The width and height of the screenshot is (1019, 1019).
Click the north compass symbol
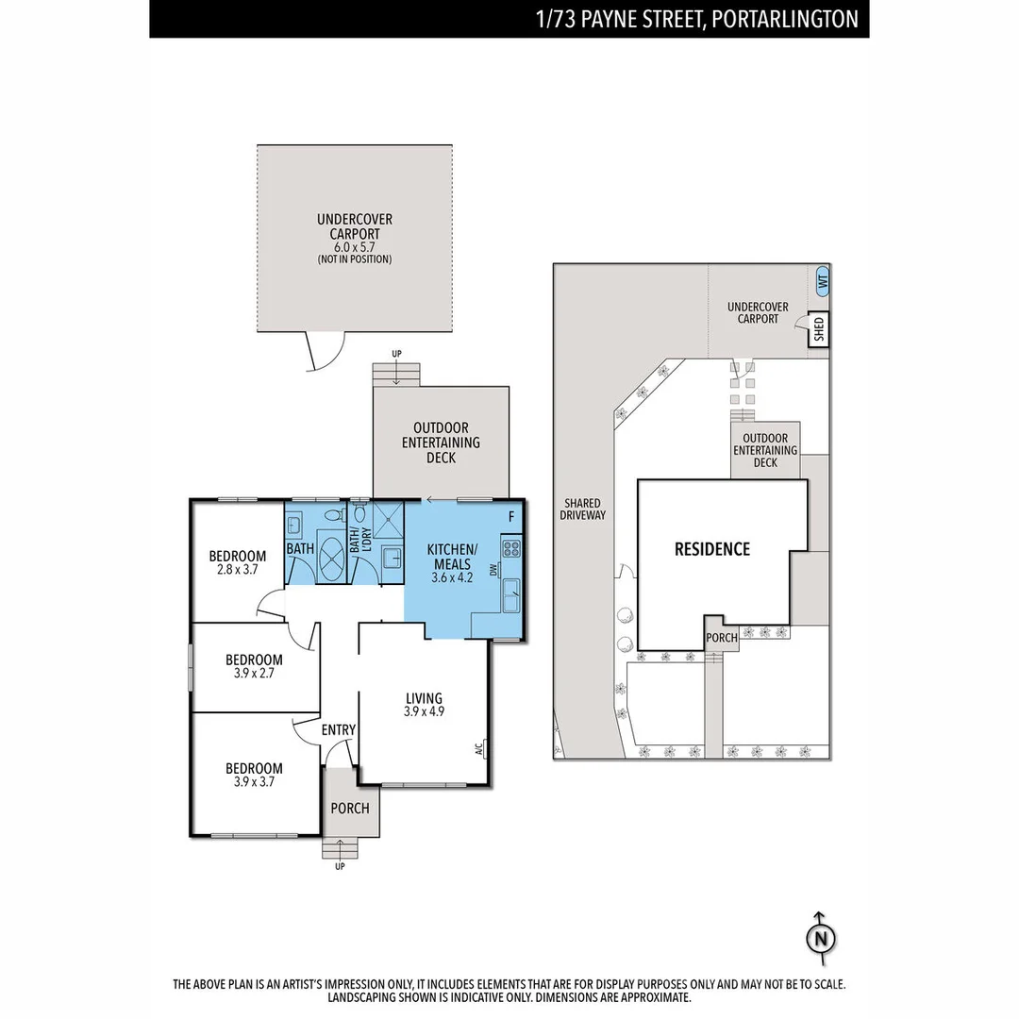[821, 939]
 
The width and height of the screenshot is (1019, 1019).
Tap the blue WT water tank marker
[822, 281]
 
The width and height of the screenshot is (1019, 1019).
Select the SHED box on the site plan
[819, 329]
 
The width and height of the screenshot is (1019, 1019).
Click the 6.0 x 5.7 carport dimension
[354, 247]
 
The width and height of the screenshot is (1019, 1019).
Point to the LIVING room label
[424, 698]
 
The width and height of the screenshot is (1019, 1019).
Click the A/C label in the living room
[479, 748]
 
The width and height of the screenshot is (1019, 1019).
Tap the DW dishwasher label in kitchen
[493, 570]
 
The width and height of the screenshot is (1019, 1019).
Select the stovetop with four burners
[511, 548]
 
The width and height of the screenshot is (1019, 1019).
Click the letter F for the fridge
[511, 517]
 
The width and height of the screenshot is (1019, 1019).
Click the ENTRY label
[339, 729]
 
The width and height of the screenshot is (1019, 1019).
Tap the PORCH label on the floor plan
[350, 809]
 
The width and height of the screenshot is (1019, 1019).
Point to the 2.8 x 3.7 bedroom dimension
[237, 569]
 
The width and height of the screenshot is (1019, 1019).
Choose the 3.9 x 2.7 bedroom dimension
[254, 674]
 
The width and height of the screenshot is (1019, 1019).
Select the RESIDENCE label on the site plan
[712, 549]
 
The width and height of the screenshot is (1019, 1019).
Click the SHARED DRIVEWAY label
[582, 509]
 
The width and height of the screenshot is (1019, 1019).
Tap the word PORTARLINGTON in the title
[785, 19]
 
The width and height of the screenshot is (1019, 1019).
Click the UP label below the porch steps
[340, 866]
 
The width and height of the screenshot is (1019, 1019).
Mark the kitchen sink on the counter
[511, 594]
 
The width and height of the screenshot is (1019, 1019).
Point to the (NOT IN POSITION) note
[354, 259]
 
